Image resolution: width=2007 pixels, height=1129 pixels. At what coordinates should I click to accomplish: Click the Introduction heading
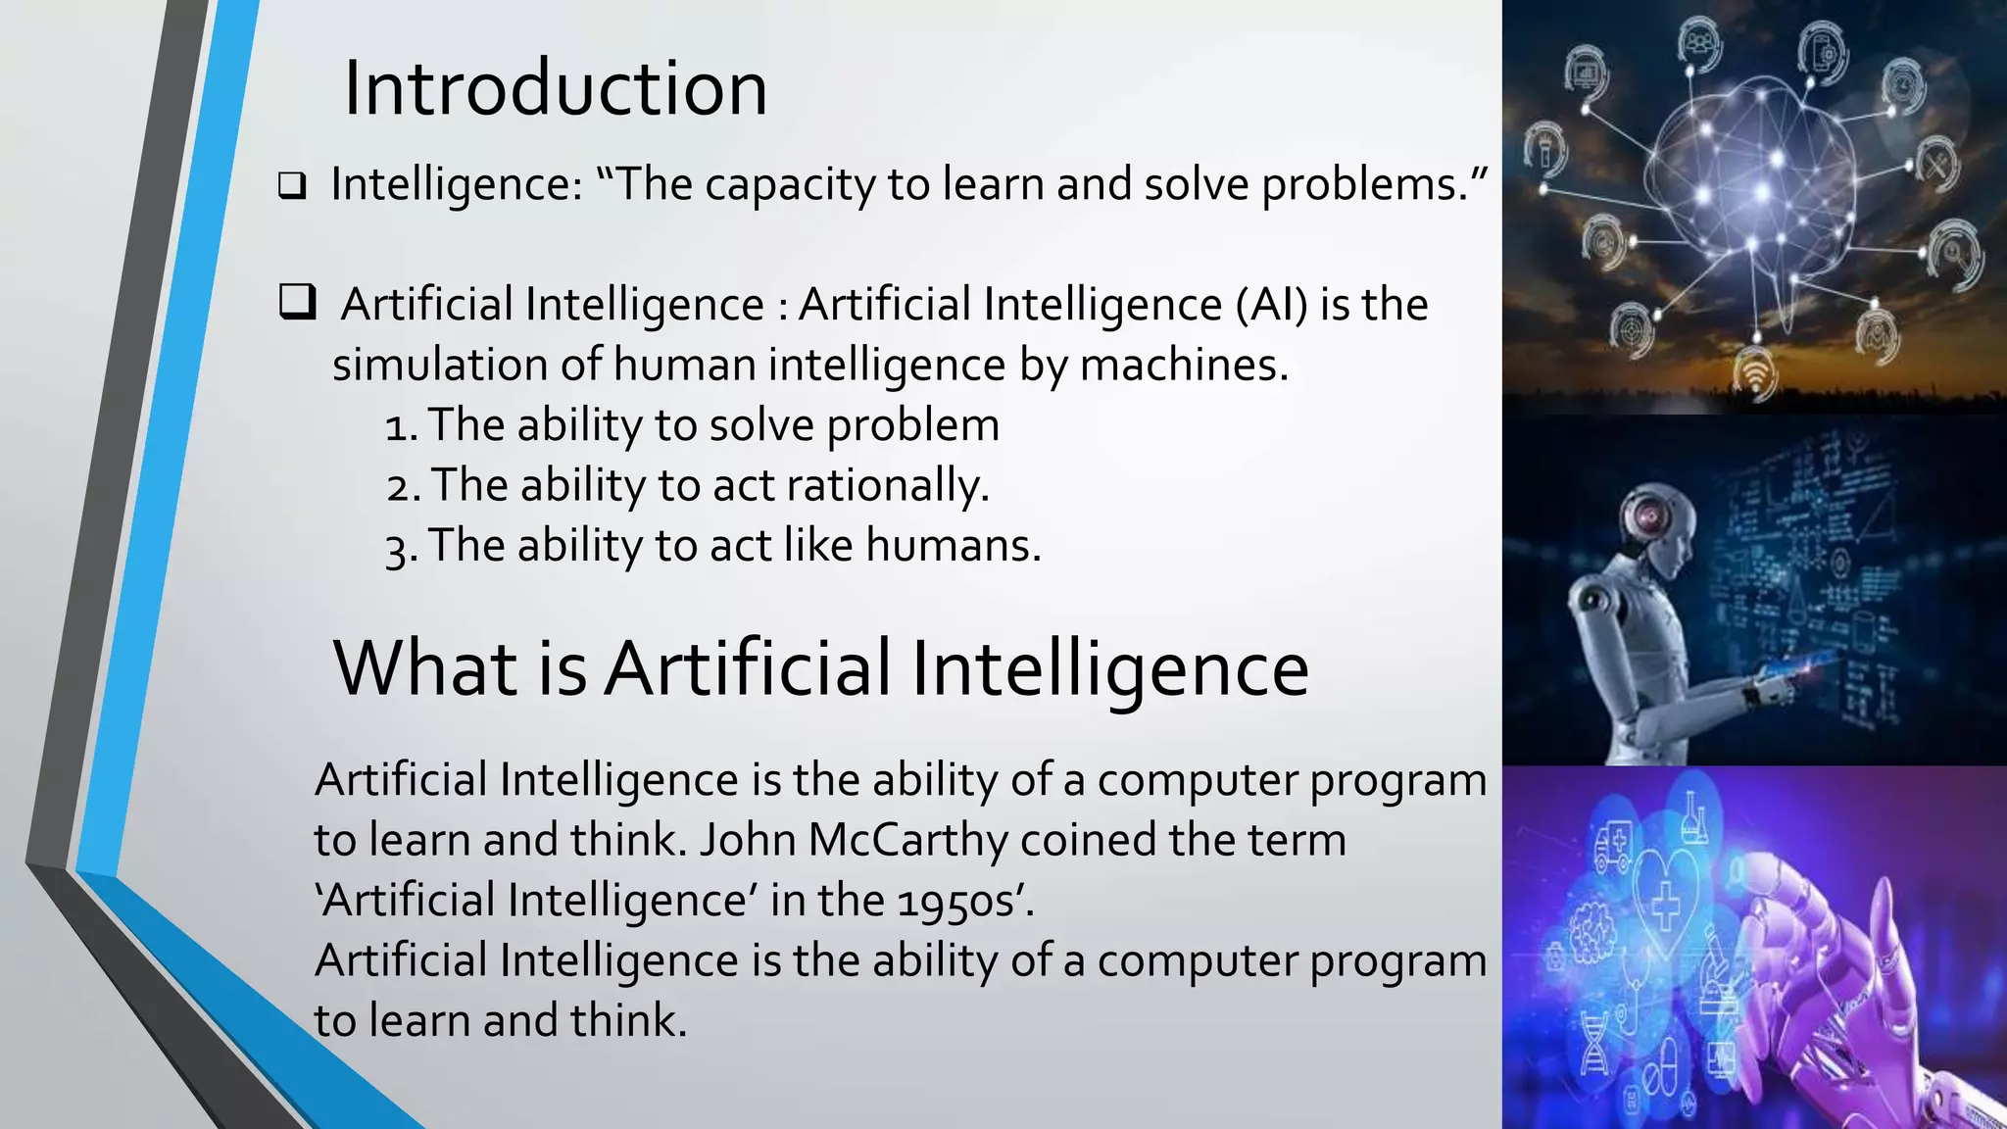[555, 89]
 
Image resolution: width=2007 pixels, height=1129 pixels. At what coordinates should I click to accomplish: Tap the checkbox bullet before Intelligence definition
[291, 185]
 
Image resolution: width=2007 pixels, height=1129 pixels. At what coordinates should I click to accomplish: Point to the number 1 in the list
[396, 427]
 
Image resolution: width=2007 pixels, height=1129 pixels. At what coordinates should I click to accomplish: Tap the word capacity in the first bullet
[788, 185]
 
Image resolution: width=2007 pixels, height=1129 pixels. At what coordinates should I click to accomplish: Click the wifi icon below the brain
[1753, 376]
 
